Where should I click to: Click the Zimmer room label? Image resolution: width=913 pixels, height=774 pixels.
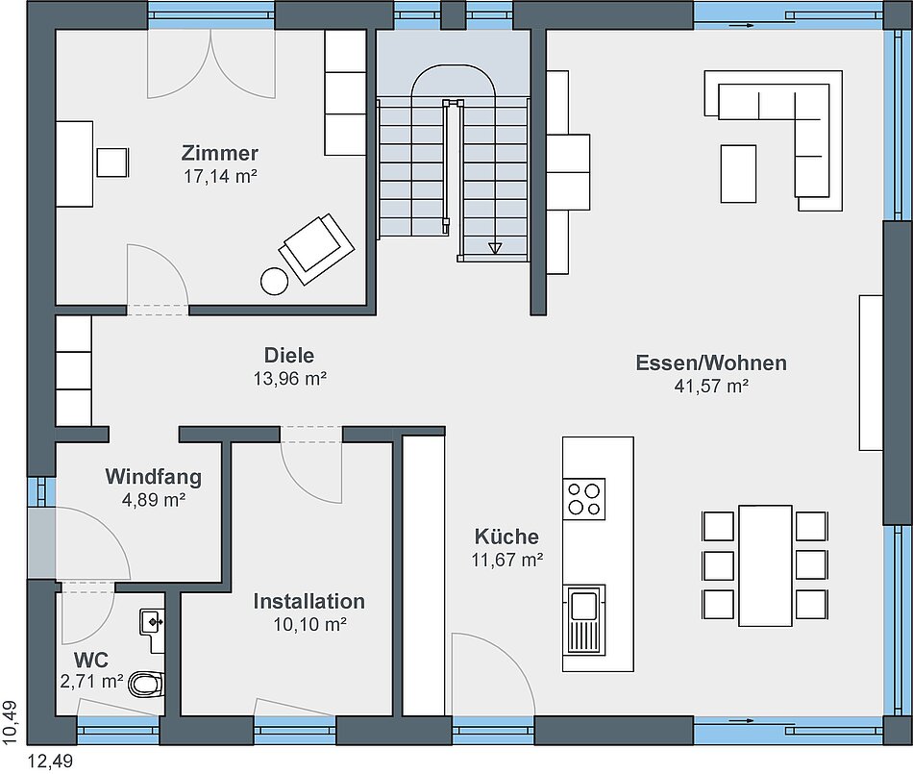[220, 153]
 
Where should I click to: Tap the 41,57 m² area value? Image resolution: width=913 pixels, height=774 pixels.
[711, 387]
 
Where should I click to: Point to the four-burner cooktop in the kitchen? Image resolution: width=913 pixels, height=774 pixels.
[584, 499]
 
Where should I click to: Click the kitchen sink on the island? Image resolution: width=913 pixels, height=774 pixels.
[584, 619]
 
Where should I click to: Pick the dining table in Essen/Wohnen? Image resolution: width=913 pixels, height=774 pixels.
[765, 565]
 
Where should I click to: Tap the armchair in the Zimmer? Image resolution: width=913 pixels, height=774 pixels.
[317, 248]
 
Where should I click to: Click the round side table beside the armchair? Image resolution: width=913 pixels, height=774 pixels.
[274, 282]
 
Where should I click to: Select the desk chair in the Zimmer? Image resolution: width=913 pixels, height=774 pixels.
[112, 162]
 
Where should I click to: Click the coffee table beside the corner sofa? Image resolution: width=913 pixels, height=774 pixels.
[738, 174]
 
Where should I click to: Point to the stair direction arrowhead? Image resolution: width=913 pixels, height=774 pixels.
[495, 248]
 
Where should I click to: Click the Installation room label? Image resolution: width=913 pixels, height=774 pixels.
[309, 602]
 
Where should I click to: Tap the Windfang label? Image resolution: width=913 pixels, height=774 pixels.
[153, 477]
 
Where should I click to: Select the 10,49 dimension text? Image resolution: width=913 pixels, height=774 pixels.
[11, 722]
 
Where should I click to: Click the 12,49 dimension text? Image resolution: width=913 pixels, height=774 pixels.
[51, 762]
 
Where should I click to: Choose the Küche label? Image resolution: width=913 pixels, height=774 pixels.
[506, 537]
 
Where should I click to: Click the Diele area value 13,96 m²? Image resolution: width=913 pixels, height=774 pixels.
[289, 379]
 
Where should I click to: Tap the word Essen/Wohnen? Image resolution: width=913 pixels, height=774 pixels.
[711, 362]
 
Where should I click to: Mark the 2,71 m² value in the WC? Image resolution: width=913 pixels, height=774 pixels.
[91, 681]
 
